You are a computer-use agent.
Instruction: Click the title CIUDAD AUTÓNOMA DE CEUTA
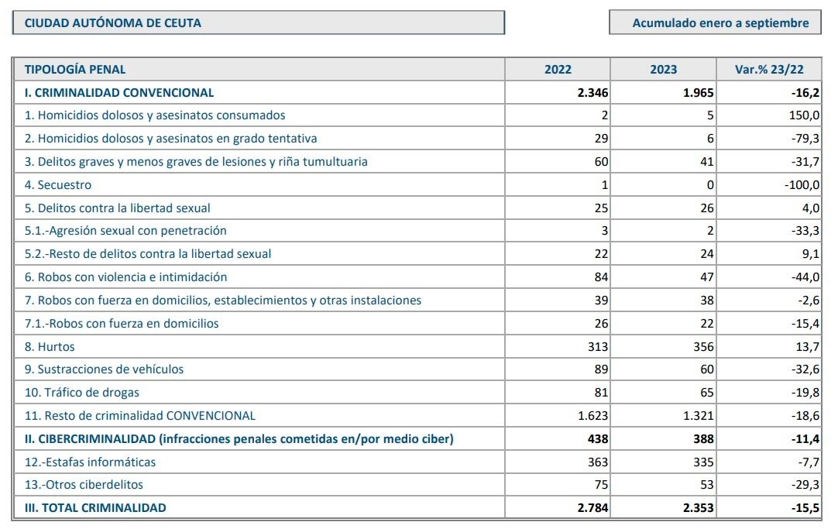click(x=113, y=23)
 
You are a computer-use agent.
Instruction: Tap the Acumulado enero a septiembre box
click(x=715, y=22)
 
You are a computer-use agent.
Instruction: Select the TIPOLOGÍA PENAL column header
click(x=75, y=70)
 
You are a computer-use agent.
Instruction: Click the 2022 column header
click(x=558, y=70)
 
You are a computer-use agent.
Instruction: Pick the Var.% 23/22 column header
click(x=769, y=70)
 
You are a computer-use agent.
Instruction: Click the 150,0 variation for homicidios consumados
click(x=804, y=115)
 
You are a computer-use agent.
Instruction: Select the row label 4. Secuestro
click(x=58, y=185)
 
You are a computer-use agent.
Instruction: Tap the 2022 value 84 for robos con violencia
click(x=601, y=277)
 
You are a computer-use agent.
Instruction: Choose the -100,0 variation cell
click(x=802, y=185)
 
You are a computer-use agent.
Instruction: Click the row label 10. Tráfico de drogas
click(x=82, y=393)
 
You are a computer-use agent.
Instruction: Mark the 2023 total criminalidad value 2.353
click(x=698, y=508)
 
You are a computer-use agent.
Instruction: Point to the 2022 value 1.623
click(x=592, y=416)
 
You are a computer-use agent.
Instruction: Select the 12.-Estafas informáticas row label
click(x=90, y=462)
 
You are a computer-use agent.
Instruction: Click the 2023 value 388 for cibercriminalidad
click(x=703, y=439)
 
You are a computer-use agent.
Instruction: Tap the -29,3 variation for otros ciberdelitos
click(x=805, y=485)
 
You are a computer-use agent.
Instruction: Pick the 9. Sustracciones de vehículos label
click(x=104, y=369)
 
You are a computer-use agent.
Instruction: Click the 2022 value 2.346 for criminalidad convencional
click(x=592, y=93)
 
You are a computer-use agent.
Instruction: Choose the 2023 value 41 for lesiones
click(x=707, y=162)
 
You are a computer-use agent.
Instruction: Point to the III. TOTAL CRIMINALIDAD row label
click(x=95, y=508)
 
